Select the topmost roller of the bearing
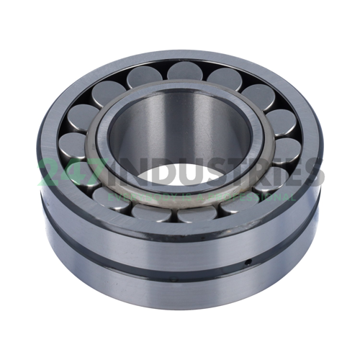pos(183,71)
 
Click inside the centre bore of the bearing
pos(180,137)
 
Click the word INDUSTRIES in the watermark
pos(209,173)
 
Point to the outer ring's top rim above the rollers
pos(180,55)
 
